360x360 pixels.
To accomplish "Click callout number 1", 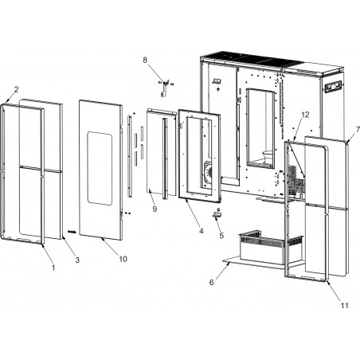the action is pyautogui.click(x=53, y=268).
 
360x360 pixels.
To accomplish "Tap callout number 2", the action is pyautogui.click(x=17, y=89).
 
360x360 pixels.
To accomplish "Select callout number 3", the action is pyautogui.click(x=77, y=260).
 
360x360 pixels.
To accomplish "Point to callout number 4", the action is pyautogui.click(x=202, y=231).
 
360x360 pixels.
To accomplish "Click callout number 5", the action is pyautogui.click(x=221, y=235).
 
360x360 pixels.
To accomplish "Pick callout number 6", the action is pyautogui.click(x=211, y=282).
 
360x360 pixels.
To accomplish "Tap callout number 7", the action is pyautogui.click(x=358, y=130).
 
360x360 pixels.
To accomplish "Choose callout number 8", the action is pyautogui.click(x=145, y=60).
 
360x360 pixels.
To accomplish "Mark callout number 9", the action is pyautogui.click(x=155, y=209).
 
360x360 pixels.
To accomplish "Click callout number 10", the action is pyautogui.click(x=123, y=259).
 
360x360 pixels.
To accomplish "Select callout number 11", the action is pyautogui.click(x=344, y=306).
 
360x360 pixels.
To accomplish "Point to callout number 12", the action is pyautogui.click(x=305, y=115).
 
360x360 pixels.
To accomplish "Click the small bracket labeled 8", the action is pyautogui.click(x=164, y=88).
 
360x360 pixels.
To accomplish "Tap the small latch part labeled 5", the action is pyautogui.click(x=217, y=214).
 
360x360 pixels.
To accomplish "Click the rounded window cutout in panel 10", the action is pyautogui.click(x=100, y=168).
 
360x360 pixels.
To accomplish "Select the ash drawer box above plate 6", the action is pyautogui.click(x=270, y=248).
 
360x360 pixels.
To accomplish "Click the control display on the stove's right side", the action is pyautogui.click(x=334, y=87).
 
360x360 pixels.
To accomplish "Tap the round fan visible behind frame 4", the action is pyautogui.click(x=207, y=174).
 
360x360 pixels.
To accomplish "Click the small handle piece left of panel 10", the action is pyautogui.click(x=72, y=232).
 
